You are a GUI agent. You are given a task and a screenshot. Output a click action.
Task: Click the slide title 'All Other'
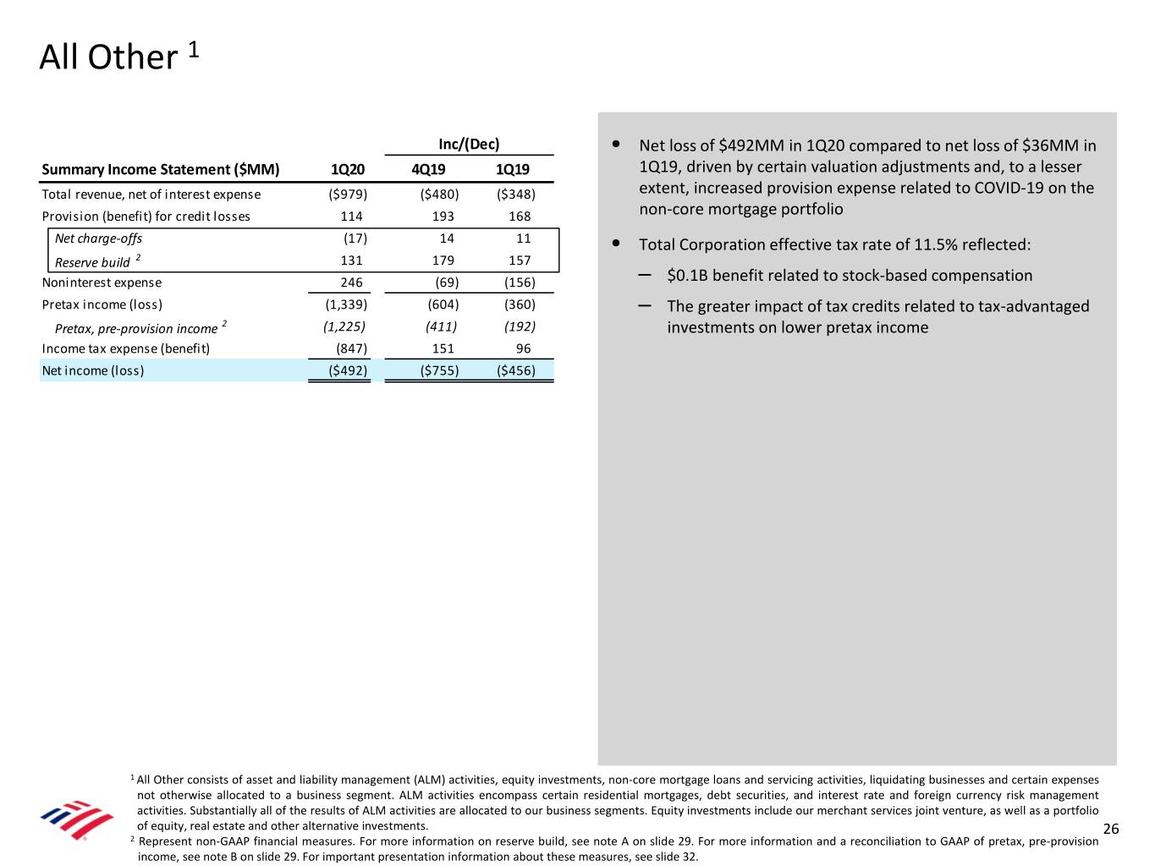[108, 58]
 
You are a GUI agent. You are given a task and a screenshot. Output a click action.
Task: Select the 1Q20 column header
[348, 169]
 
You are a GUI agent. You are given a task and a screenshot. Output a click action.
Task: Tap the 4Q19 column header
[428, 169]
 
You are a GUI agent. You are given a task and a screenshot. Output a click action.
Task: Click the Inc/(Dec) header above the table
[469, 144]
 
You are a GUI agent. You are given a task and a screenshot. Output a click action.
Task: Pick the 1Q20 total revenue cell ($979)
[348, 195]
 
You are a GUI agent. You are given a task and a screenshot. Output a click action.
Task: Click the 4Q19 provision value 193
[443, 216]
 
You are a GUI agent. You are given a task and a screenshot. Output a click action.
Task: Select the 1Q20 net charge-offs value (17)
[355, 238]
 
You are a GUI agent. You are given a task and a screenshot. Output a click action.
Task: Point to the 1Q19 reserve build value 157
[520, 260]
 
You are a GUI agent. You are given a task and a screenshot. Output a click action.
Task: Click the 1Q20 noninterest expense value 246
[351, 282]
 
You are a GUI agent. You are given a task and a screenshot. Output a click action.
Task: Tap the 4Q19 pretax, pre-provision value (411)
[441, 326]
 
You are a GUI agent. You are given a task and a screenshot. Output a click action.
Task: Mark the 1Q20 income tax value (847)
[351, 348]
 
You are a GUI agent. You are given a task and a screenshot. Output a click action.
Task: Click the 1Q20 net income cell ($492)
[348, 370]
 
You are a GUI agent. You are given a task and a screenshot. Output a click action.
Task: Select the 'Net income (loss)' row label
[93, 370]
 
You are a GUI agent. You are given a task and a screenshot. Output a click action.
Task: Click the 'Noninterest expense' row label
[102, 282]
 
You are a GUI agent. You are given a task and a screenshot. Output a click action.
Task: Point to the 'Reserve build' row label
[92, 262]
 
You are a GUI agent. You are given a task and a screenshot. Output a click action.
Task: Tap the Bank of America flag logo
[77, 819]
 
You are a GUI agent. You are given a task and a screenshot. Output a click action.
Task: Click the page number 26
[1111, 829]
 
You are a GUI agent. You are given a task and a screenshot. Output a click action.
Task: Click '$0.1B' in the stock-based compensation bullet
[687, 276]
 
